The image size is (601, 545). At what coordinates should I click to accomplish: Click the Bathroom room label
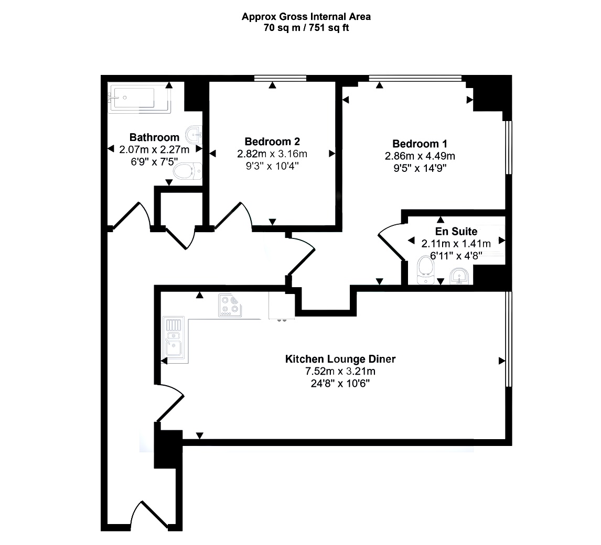(x=154, y=137)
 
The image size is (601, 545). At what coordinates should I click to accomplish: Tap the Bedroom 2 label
(x=272, y=141)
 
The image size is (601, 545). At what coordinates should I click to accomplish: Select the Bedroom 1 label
(x=420, y=144)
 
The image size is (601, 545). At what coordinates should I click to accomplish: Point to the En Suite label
(x=456, y=231)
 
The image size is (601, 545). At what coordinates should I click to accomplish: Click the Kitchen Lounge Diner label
(x=340, y=359)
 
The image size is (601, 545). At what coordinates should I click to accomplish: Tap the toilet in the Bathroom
(x=187, y=171)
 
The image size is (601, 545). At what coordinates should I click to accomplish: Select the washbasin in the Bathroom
(x=194, y=135)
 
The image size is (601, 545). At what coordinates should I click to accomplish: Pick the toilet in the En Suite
(x=425, y=270)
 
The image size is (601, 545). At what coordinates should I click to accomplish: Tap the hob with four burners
(x=230, y=305)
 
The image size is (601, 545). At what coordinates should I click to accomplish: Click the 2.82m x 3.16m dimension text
(x=272, y=154)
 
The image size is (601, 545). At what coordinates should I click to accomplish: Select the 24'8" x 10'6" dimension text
(x=340, y=384)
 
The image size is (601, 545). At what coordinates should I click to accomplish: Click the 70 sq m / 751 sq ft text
(x=306, y=28)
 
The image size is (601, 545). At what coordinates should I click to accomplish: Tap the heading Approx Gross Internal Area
(x=306, y=16)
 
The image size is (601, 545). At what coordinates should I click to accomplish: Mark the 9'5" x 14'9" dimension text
(x=420, y=168)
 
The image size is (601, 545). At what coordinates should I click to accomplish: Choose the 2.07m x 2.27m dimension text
(x=154, y=149)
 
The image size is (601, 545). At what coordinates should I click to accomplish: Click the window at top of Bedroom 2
(x=280, y=78)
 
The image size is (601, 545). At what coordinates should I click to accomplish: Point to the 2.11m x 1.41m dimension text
(x=456, y=243)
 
